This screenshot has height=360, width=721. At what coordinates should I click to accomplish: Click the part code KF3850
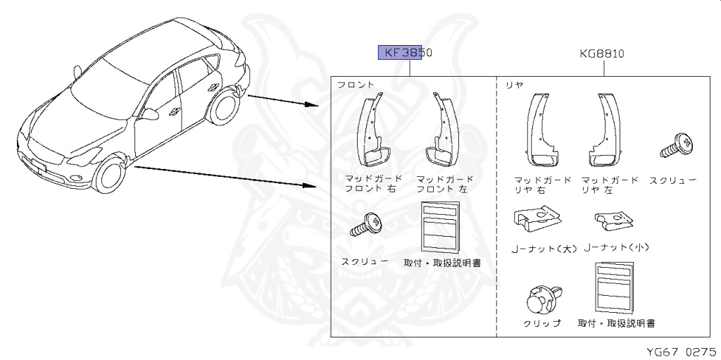point(405,53)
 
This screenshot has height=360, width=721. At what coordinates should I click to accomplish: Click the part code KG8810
point(603,53)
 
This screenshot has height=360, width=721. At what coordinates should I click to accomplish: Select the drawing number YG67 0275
point(681,350)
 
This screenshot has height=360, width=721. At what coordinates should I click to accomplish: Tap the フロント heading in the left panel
point(356,85)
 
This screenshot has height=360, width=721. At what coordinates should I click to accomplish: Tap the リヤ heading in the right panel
point(515,85)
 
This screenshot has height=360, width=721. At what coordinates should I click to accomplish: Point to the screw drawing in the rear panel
point(678,145)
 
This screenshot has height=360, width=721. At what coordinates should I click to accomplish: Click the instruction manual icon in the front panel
point(439,226)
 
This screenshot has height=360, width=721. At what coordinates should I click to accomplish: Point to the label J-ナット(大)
point(544,248)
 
